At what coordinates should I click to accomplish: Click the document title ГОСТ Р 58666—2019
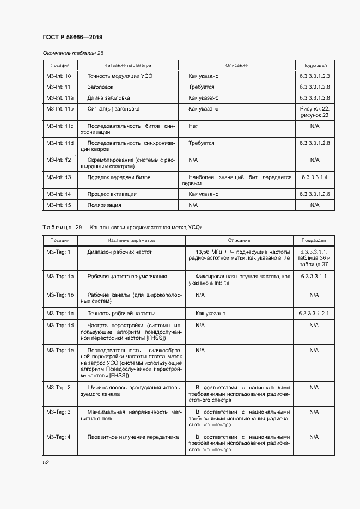(x=72, y=37)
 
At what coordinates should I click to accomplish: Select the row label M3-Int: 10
(x=59, y=76)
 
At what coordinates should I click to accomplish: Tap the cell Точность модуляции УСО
(x=120, y=76)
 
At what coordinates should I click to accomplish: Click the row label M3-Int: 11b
(x=60, y=109)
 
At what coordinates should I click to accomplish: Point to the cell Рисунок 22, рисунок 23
(x=314, y=112)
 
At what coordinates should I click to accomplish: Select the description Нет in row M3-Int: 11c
(x=193, y=126)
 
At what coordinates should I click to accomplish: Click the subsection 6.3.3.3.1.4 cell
(x=314, y=177)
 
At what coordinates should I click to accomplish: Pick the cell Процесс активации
(x=112, y=194)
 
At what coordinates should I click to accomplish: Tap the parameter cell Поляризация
(x=104, y=205)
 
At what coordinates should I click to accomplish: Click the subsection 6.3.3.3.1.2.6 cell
(x=314, y=194)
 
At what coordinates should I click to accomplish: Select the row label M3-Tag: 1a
(x=60, y=277)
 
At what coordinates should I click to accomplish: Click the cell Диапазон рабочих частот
(x=120, y=252)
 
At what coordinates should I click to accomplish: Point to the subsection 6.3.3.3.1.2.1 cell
(x=314, y=314)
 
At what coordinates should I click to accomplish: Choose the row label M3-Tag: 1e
(x=60, y=351)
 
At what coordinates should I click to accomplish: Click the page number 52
(x=46, y=462)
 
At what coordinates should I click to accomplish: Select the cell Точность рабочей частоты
(x=121, y=314)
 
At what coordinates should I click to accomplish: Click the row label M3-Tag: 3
(x=59, y=412)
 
